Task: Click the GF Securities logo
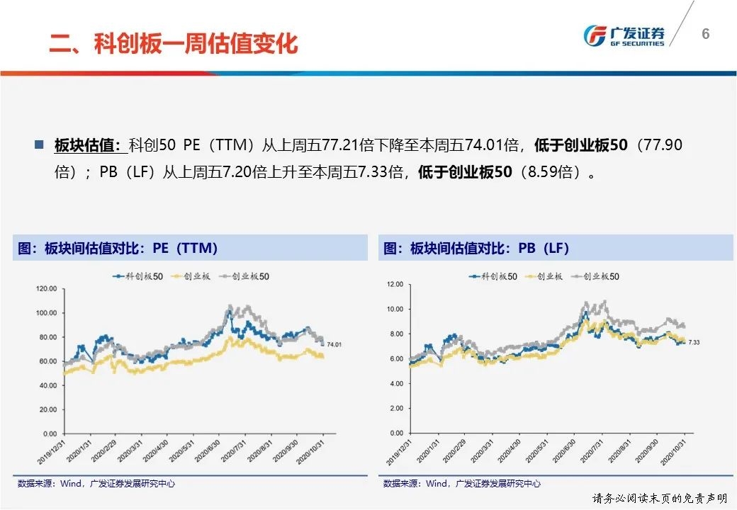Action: [623, 35]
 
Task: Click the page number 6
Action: [705, 34]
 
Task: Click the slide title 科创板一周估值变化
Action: [174, 43]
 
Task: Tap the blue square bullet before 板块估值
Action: [39, 144]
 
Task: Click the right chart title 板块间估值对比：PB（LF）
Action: [476, 249]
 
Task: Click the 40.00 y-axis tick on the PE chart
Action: [47, 385]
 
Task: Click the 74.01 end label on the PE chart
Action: [334, 345]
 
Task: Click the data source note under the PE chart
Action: [96, 484]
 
